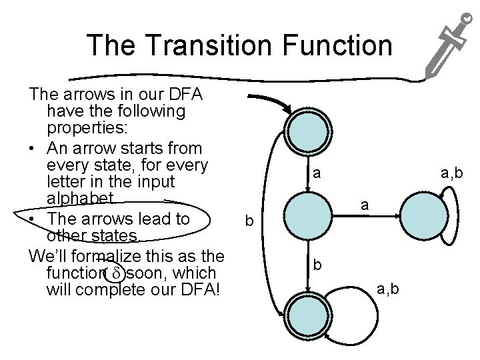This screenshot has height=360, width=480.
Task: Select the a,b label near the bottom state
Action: point(389,288)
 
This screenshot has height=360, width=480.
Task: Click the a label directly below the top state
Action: point(318,174)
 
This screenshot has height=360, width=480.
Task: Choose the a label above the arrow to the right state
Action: point(365,205)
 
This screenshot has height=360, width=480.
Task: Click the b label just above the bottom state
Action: point(318,265)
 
